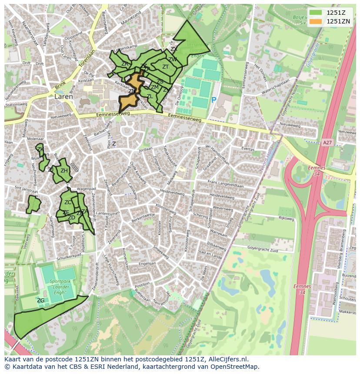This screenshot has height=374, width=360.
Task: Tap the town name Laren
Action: pyautogui.click(x=64, y=97)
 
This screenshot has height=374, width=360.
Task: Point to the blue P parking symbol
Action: pyautogui.click(x=213, y=100)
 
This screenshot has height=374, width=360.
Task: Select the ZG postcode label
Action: pyautogui.click(x=40, y=301)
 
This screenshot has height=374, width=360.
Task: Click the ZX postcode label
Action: pyautogui.click(x=173, y=49)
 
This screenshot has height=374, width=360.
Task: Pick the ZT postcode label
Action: pyautogui.click(x=165, y=67)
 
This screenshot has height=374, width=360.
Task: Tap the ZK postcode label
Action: pyautogui.click(x=40, y=149)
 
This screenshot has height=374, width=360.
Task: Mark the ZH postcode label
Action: pyautogui.click(x=64, y=171)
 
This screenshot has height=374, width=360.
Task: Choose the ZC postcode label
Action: pyautogui.click(x=68, y=202)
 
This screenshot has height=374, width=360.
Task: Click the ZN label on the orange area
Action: pyautogui.click(x=132, y=91)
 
